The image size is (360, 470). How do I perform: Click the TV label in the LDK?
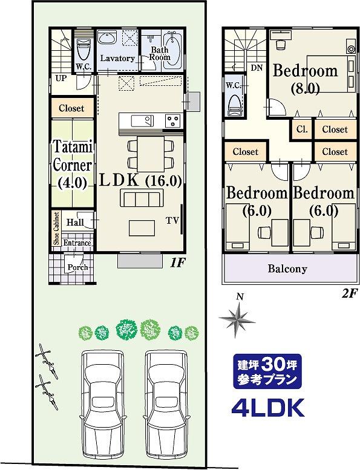click(172, 221)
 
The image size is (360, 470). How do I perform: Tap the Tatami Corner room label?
click(73, 165)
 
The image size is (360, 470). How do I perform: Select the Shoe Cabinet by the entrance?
click(56, 229)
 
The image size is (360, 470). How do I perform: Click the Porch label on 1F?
click(77, 267)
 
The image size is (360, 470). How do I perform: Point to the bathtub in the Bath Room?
click(171, 50)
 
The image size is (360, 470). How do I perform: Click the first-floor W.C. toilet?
click(82, 51)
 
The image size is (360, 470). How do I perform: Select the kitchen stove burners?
click(173, 120)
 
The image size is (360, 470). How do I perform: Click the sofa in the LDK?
click(140, 198)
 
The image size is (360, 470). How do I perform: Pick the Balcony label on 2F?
click(287, 269)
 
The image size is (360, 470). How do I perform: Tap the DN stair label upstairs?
click(257, 68)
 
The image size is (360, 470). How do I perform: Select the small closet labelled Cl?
click(302, 129)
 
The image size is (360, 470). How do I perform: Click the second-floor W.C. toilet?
click(235, 105)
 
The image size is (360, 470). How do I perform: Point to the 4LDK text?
click(267, 407)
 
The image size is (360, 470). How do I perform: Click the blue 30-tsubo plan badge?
click(267, 371)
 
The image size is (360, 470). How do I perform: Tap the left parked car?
click(103, 408)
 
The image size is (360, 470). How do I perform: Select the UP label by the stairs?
click(61, 79)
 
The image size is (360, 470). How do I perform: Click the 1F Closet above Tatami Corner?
click(71, 108)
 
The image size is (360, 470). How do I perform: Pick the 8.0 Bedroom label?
click(305, 79)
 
